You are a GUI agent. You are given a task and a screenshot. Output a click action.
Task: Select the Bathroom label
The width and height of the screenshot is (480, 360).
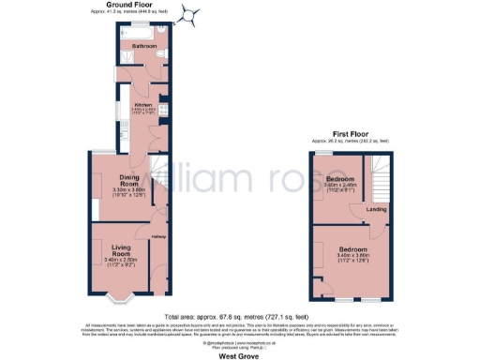(143, 45)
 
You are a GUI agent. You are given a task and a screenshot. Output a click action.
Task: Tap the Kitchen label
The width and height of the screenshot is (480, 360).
(143, 105)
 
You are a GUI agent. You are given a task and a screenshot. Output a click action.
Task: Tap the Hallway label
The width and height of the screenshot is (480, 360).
(158, 237)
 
